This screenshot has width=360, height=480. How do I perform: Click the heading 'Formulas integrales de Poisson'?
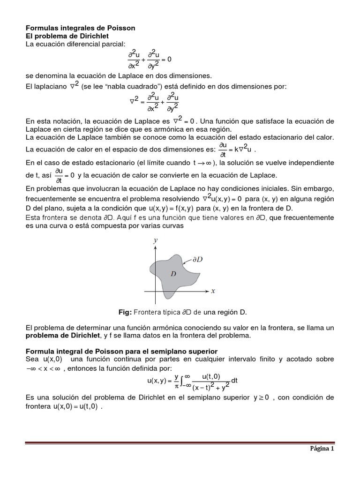(x=80, y=28)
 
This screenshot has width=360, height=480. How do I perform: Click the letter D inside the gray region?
(x=173, y=273)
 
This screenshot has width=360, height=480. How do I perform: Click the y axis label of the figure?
(x=155, y=240)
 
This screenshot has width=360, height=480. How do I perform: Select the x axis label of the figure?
(x=213, y=291)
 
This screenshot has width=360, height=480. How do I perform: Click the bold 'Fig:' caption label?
(x=127, y=312)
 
